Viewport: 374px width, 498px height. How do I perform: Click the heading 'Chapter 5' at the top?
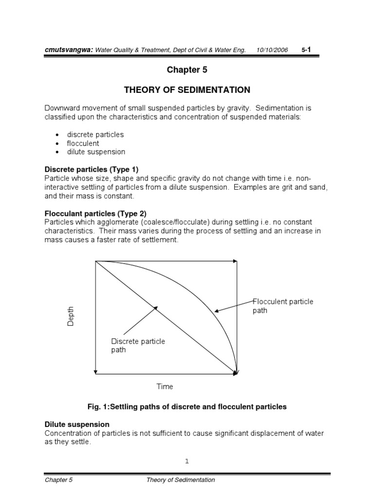pos(187,70)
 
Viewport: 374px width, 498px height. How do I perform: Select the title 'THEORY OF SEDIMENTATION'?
pos(187,90)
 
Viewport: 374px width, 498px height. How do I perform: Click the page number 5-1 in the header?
pos(306,50)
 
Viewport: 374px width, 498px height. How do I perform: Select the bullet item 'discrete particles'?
pos(95,134)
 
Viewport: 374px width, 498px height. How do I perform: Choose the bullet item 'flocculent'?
pos(83,143)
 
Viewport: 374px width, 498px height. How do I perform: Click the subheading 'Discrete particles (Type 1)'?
pos(92,169)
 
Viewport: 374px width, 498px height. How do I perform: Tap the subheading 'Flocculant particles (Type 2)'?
pos(95,213)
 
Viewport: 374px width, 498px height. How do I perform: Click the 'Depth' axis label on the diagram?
pos(71,317)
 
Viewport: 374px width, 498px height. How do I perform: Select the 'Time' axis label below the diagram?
pos(165,387)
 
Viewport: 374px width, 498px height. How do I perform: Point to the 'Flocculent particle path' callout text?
pos(282,306)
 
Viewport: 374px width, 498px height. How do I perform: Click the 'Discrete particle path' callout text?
pos(138,345)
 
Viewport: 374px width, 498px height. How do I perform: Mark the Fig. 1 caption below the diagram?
pos(187,407)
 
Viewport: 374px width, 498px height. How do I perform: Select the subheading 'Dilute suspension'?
pos(77,425)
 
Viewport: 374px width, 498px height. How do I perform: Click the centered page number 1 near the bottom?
pos(187,462)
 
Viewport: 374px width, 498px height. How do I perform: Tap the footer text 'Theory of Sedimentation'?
pos(180,480)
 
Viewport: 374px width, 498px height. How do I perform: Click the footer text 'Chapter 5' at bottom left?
pos(57,480)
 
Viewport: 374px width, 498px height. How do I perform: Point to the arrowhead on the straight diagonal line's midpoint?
pos(155,307)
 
